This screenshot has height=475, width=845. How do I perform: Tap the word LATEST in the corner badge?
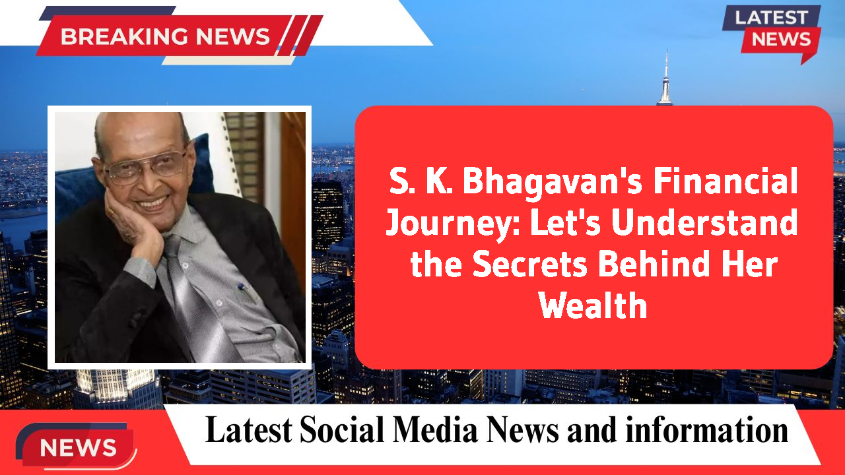click(x=771, y=18)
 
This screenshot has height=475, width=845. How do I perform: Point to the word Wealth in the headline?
click(x=593, y=305)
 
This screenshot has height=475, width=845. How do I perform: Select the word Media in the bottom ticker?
click(x=435, y=430)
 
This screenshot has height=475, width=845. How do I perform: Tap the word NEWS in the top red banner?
click(x=224, y=36)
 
